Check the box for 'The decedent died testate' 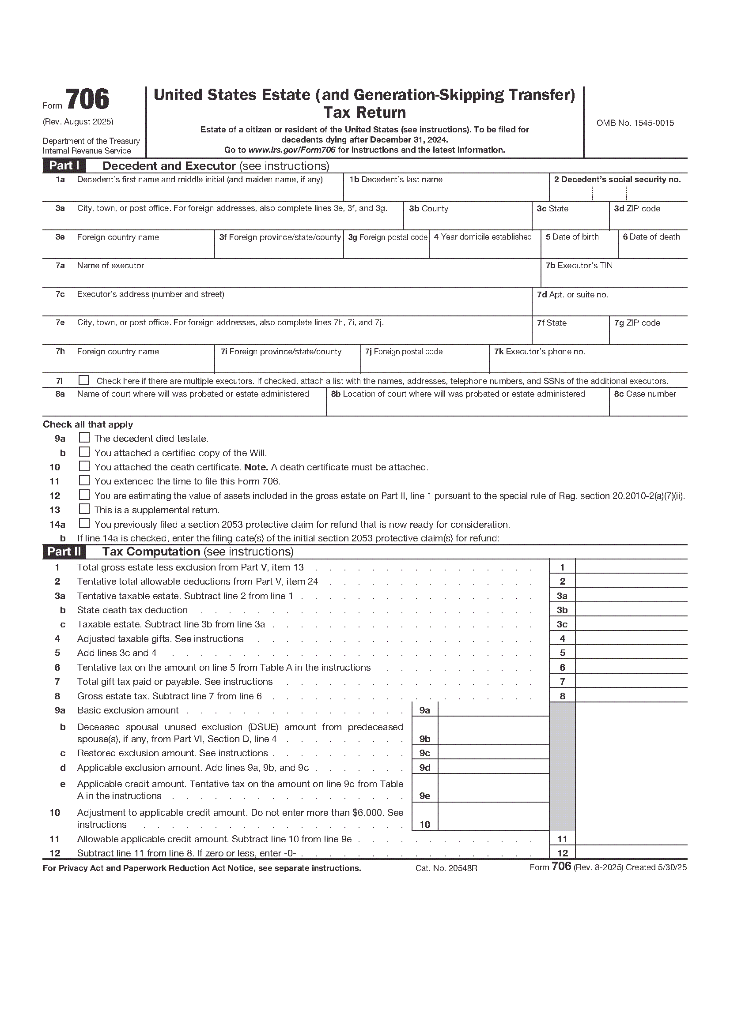coord(84,437)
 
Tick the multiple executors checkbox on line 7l coord(83,380)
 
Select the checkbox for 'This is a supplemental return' coord(84,509)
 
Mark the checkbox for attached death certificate coord(84,466)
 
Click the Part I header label coord(64,165)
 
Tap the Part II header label coord(64,552)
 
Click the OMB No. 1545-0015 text coord(635,123)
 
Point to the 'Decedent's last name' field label coord(396,179)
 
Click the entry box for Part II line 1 coord(631,567)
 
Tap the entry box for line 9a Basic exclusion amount coord(493,710)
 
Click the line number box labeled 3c coord(562,624)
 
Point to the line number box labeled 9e coord(424,796)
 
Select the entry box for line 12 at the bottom coord(631,853)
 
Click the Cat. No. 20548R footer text coord(446,868)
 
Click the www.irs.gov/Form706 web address coord(292,150)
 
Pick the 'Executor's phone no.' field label coord(539,352)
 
